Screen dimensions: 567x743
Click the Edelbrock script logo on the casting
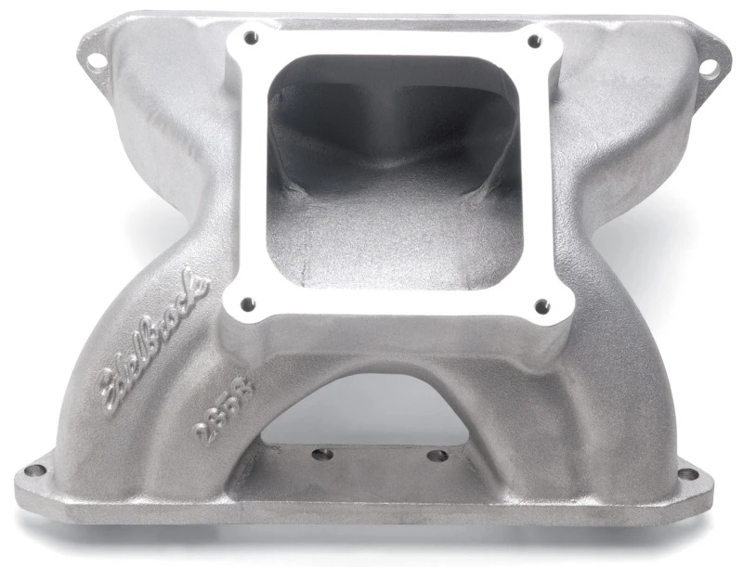tap(147, 343)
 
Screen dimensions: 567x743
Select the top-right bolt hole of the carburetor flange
tap(533, 42)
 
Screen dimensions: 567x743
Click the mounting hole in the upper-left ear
tap(96, 61)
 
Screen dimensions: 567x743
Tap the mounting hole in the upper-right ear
tap(708, 67)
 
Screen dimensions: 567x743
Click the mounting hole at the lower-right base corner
tap(687, 474)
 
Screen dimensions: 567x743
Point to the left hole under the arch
tap(322, 455)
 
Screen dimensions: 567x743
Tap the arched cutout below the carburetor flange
tap(371, 408)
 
